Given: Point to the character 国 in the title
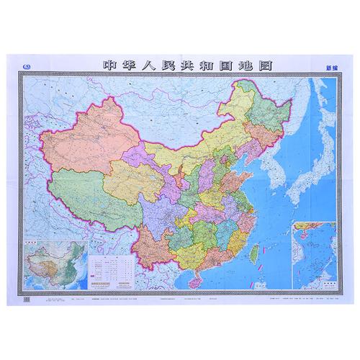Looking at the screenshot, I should (x=237, y=66).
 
